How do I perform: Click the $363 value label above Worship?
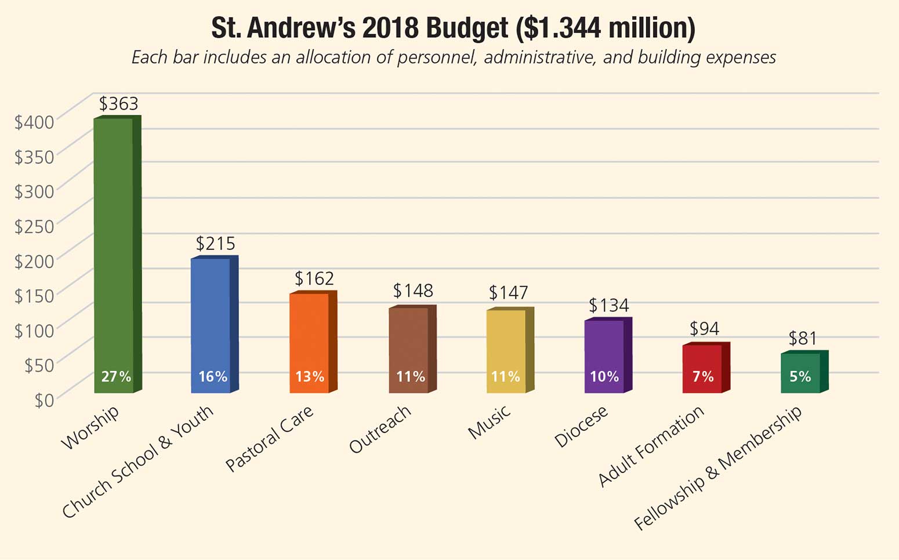click(x=118, y=104)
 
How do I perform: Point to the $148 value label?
click(x=413, y=290)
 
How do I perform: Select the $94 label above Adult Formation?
click(x=704, y=329)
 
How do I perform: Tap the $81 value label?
click(x=803, y=338)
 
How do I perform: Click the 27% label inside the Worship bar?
click(x=116, y=377)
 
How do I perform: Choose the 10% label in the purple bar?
click(x=604, y=377)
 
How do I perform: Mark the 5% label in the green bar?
click(x=800, y=377)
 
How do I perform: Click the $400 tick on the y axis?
click(x=34, y=122)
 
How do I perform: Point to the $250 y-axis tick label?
click(x=34, y=227)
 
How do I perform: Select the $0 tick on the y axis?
click(x=43, y=401)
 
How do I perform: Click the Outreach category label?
click(x=380, y=429)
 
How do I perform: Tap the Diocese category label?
click(x=581, y=427)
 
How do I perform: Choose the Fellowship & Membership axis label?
click(x=718, y=468)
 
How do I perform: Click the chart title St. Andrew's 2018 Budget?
click(x=453, y=28)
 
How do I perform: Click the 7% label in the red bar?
click(x=702, y=377)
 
